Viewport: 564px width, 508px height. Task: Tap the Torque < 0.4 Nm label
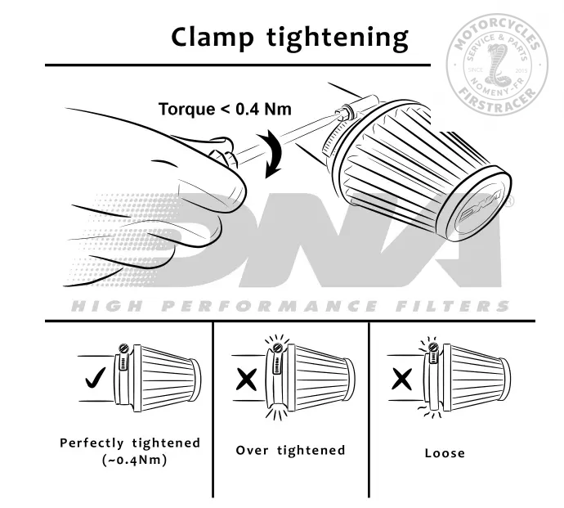coord(225,108)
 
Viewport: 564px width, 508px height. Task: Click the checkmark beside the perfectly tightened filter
coord(94,380)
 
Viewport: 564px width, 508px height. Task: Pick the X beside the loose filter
coord(401,380)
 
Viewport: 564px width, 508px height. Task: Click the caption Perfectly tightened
coord(130,443)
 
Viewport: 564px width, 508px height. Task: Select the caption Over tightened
coord(290,450)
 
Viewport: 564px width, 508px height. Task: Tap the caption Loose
coord(445,452)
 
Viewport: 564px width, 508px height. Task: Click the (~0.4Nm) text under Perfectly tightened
coord(130,459)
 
